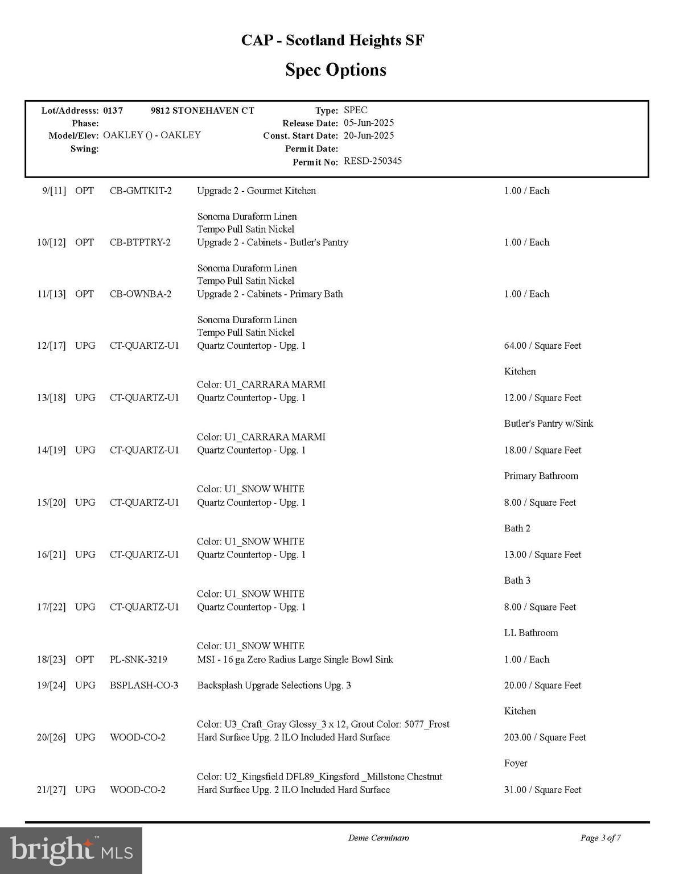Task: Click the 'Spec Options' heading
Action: [336, 70]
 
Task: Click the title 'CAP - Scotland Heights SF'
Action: [332, 40]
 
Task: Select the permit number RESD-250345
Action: [373, 161]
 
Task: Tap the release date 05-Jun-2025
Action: [369, 123]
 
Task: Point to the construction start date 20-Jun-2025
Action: [369, 135]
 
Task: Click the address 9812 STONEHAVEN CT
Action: [202, 110]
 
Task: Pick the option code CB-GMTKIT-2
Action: [141, 191]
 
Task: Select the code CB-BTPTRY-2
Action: [140, 242]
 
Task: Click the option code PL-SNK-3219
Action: [138, 659]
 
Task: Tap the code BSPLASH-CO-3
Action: [144, 685]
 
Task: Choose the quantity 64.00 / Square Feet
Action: [542, 346]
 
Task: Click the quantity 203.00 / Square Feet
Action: [545, 737]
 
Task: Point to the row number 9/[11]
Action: [54, 191]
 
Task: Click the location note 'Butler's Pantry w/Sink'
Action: [549, 423]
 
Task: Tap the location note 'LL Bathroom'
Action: [531, 633]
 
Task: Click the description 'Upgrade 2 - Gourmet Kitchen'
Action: [256, 191]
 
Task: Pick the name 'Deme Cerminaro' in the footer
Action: [378, 838]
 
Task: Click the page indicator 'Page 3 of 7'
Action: [600, 838]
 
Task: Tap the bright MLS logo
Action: [71, 850]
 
